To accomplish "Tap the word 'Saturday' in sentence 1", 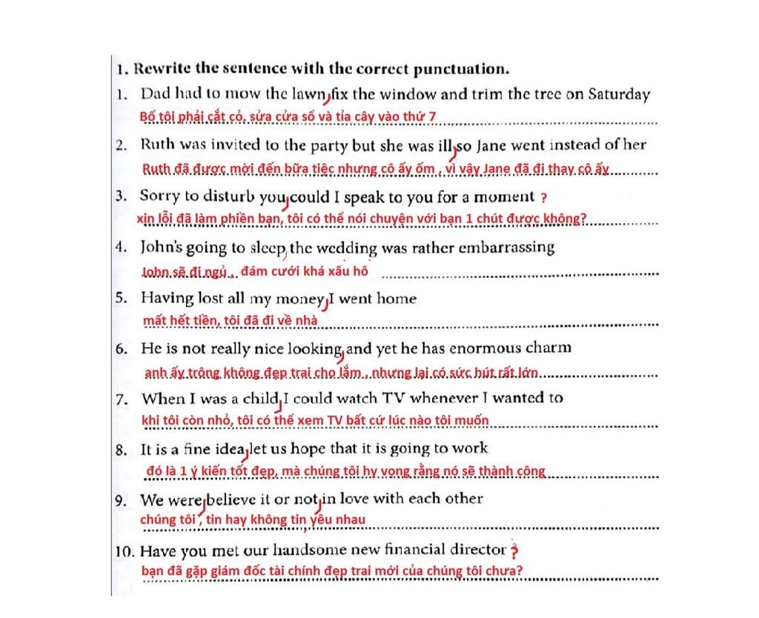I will [x=619, y=94].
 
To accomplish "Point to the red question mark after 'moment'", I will [x=544, y=198].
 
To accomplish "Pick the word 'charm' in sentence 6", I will [x=549, y=348].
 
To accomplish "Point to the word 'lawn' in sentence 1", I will [x=309, y=94].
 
